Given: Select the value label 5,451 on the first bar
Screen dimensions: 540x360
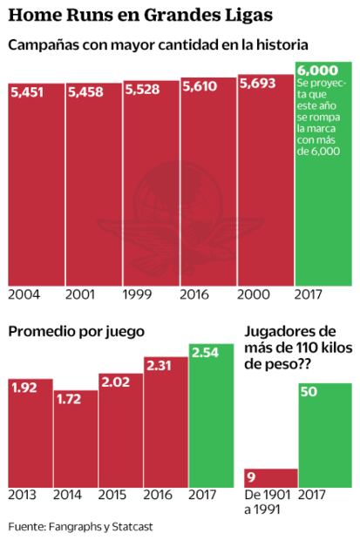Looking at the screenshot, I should (x=27, y=92).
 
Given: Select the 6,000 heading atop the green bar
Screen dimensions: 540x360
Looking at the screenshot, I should (x=316, y=71).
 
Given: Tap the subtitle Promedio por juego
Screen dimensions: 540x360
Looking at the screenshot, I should (x=77, y=331).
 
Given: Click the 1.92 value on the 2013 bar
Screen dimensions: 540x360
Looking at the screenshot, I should (x=24, y=387).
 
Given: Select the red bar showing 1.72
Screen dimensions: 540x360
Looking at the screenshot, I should (x=76, y=444).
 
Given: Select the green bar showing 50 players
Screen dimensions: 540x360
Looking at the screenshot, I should (x=325, y=435).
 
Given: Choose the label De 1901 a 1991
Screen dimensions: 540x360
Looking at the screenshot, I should (x=266, y=502).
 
